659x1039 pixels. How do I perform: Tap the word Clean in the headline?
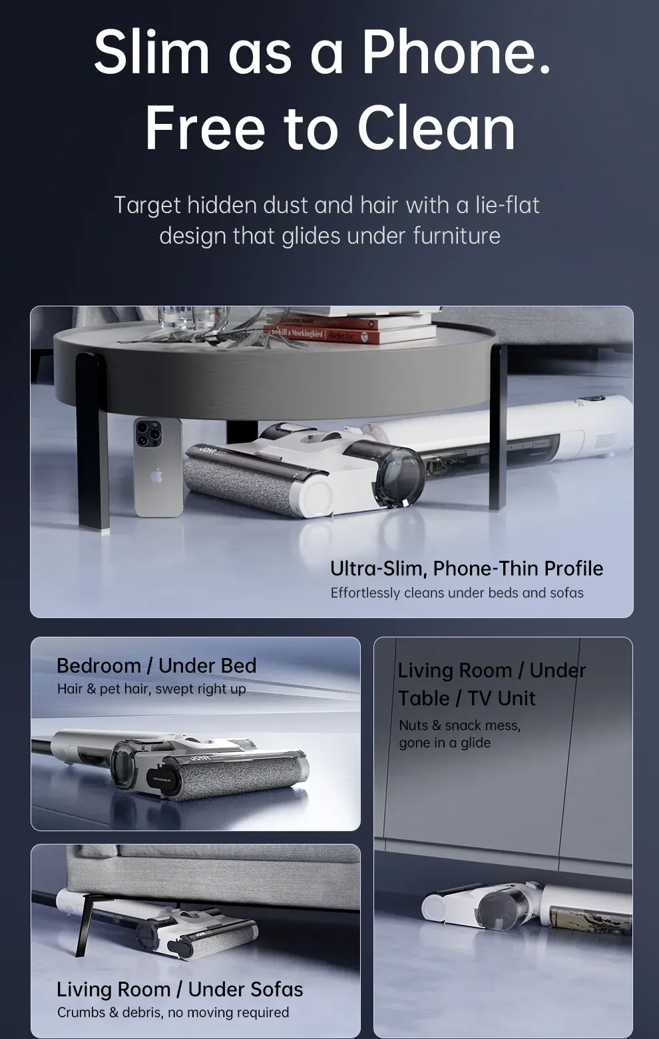pyautogui.click(x=437, y=128)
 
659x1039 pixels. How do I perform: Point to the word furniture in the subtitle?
pyautogui.click(x=457, y=236)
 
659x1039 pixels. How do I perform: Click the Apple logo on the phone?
pyautogui.click(x=156, y=476)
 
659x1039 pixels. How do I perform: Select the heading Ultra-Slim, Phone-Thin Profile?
pyautogui.click(x=467, y=568)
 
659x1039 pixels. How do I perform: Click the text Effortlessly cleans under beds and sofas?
pyautogui.click(x=457, y=593)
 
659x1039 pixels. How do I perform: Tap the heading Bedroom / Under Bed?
pyautogui.click(x=156, y=665)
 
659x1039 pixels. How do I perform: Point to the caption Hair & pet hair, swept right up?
pyautogui.click(x=152, y=689)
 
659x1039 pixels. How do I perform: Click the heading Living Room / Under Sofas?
pyautogui.click(x=180, y=989)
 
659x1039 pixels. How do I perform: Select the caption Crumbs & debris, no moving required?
pyautogui.click(x=173, y=1012)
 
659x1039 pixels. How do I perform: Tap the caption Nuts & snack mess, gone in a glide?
pyautogui.click(x=460, y=734)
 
